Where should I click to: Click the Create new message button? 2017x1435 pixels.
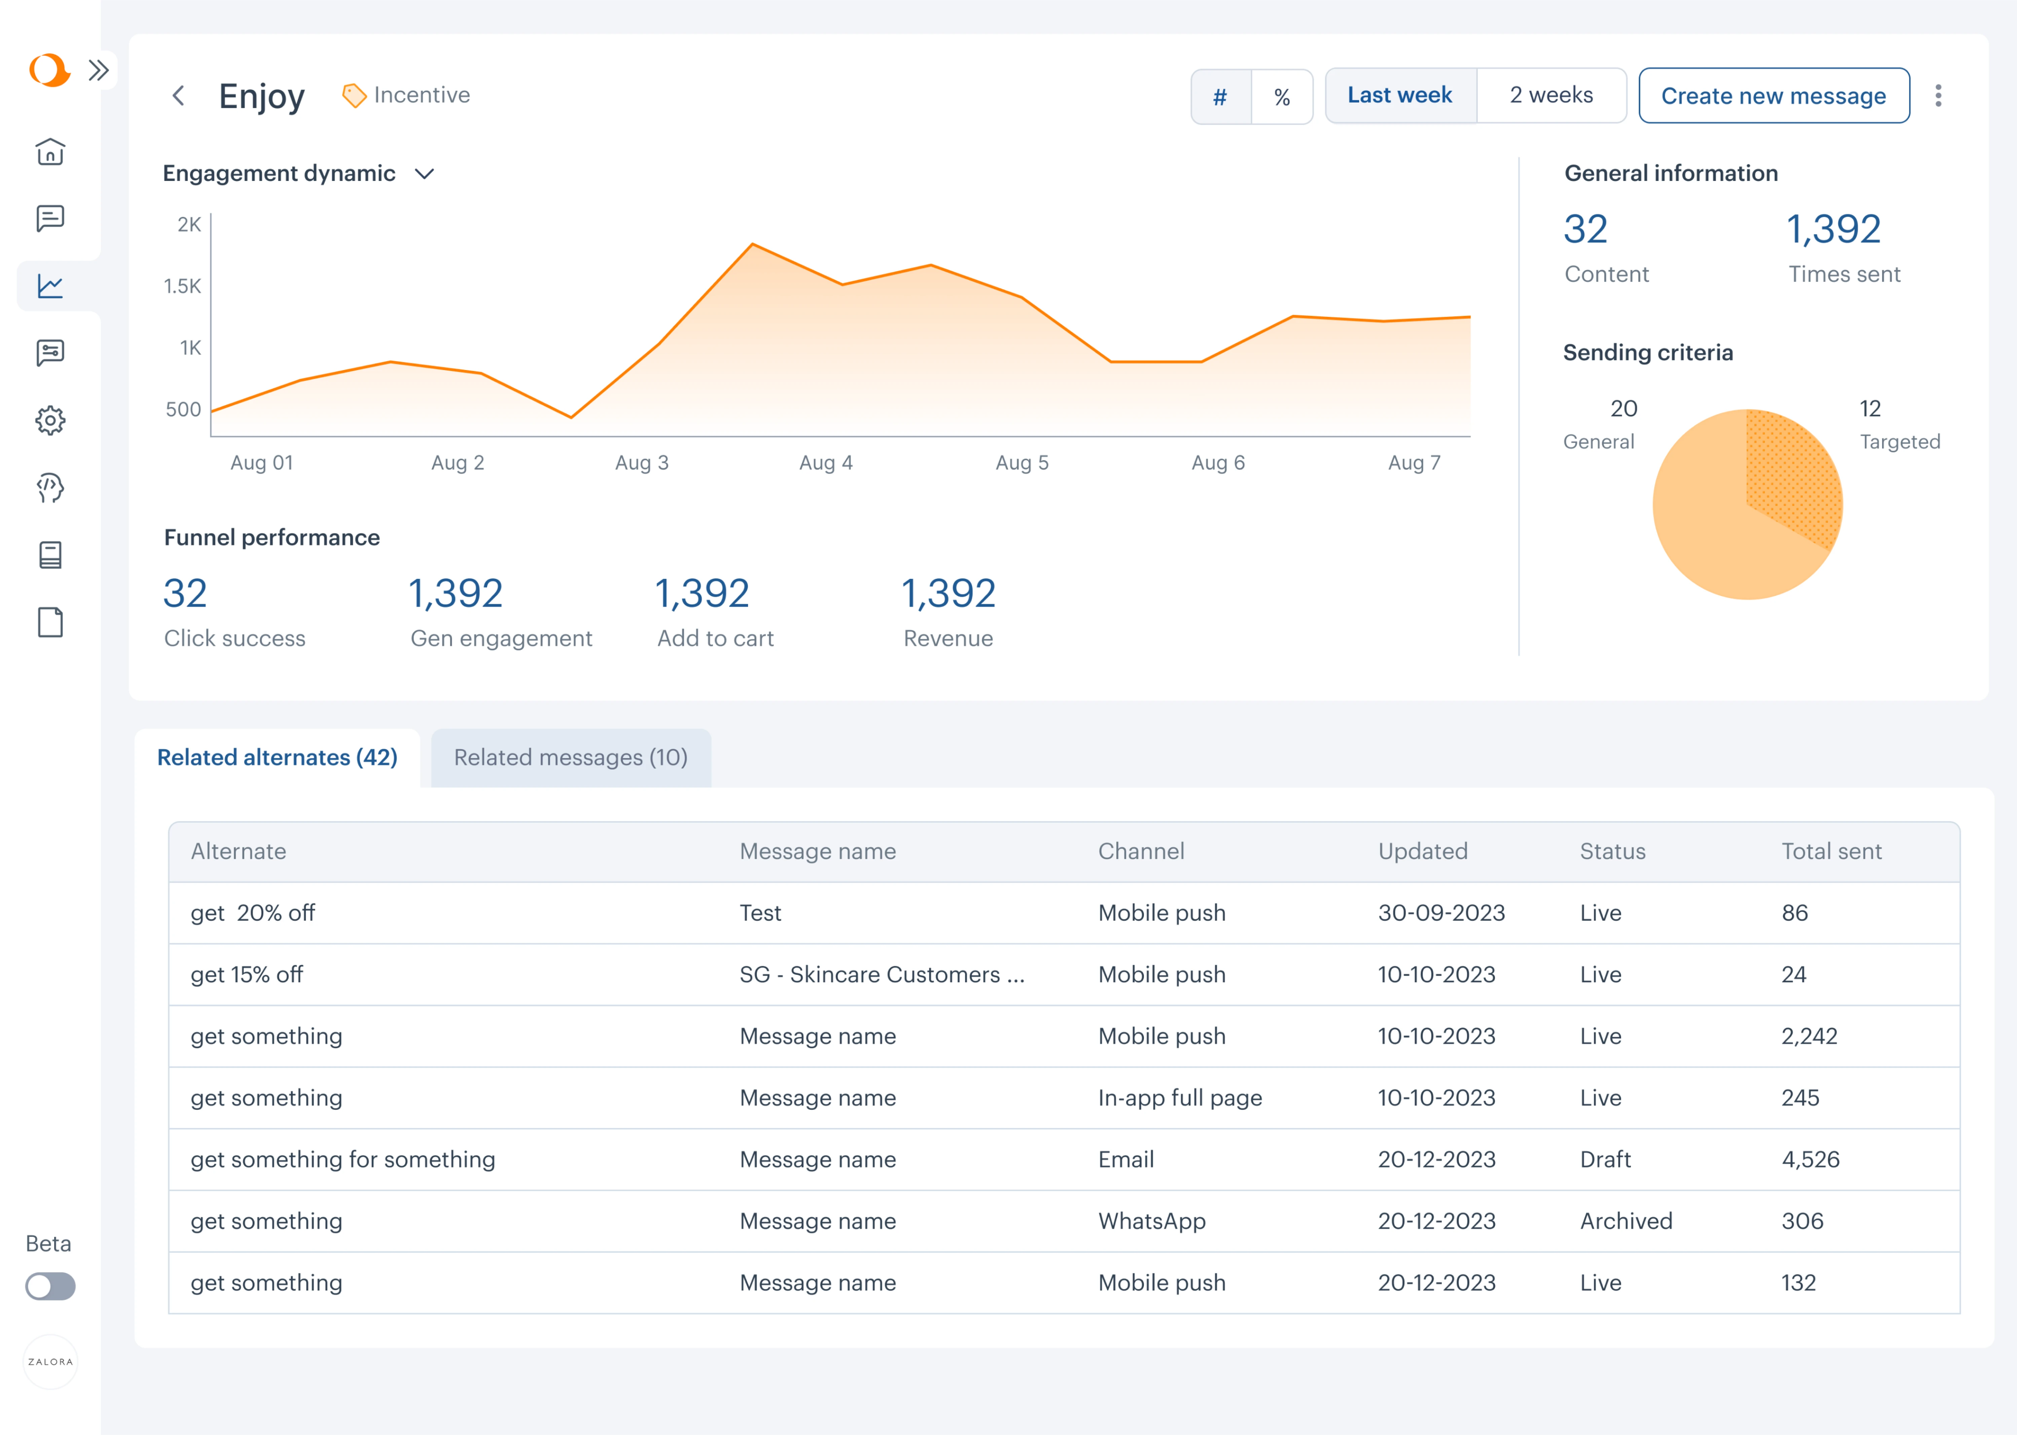(x=1773, y=96)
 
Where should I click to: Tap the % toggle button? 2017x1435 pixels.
(x=1282, y=96)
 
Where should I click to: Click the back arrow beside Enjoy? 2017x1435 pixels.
(x=179, y=96)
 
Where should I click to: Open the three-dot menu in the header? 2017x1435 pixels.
(x=1938, y=96)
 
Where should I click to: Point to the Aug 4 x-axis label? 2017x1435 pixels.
(x=825, y=462)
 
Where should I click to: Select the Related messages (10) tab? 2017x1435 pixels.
(x=571, y=757)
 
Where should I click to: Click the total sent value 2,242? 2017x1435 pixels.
(x=1808, y=1036)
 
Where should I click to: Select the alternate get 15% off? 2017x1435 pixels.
(x=247, y=974)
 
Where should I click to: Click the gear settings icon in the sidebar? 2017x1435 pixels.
(x=50, y=420)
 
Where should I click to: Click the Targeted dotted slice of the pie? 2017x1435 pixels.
(x=1793, y=473)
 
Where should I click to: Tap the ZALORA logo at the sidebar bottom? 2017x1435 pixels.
(x=50, y=1362)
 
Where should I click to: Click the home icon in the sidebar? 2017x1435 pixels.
(x=50, y=152)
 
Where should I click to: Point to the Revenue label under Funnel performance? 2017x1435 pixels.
(x=948, y=638)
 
